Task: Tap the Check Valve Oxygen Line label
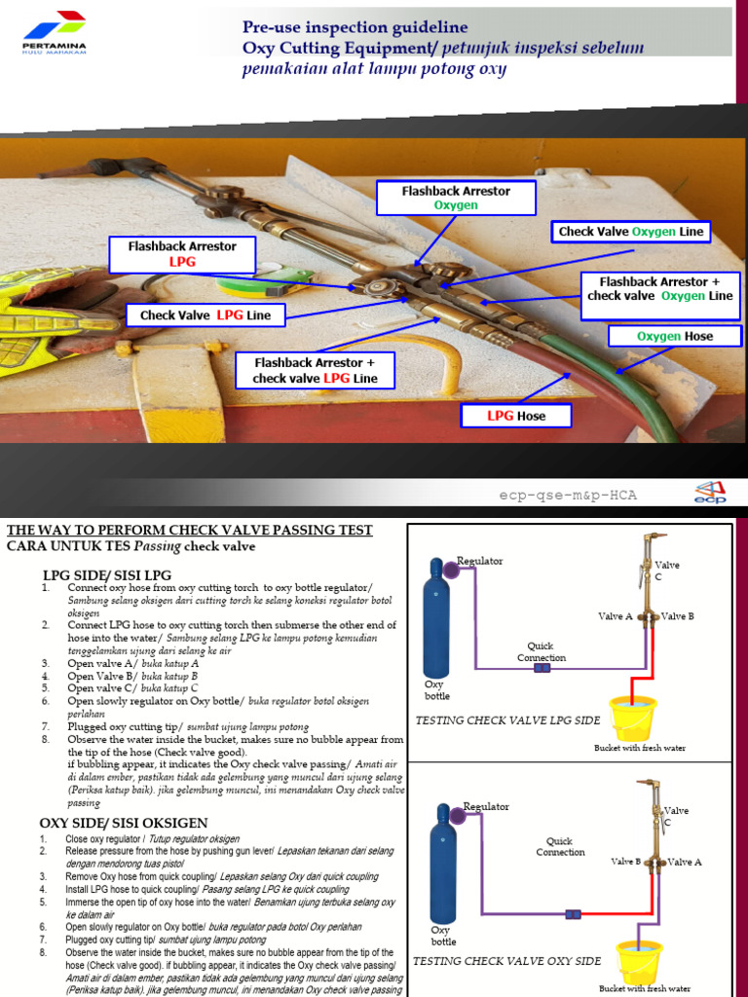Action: tap(630, 232)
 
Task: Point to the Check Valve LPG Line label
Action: tap(205, 315)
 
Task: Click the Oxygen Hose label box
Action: tap(674, 336)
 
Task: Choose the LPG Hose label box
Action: tap(516, 416)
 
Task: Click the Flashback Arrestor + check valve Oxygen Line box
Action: tap(660, 296)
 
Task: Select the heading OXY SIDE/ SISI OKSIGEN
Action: tap(123, 824)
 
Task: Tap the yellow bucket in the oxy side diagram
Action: tap(639, 960)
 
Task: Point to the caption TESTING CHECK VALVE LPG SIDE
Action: tap(506, 720)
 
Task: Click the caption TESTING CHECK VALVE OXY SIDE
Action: tap(506, 961)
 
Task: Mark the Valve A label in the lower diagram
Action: tap(685, 862)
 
